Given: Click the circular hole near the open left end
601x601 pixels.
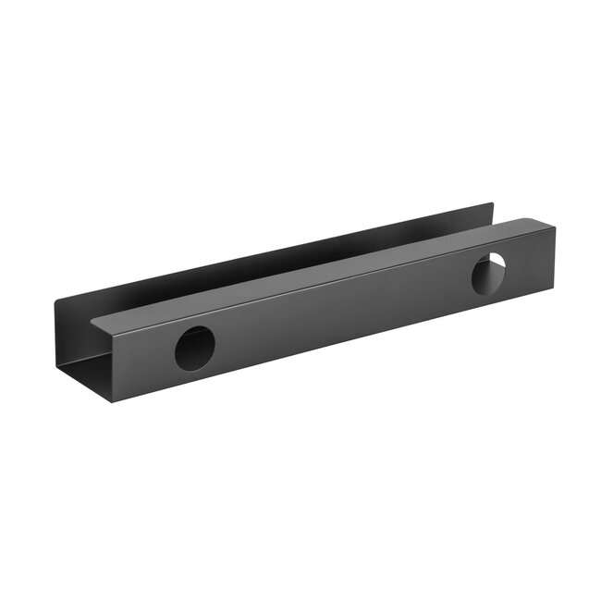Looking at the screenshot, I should [x=194, y=349].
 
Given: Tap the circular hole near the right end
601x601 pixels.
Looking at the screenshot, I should [x=488, y=275].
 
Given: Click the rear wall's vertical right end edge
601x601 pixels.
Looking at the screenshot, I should [x=493, y=215].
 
